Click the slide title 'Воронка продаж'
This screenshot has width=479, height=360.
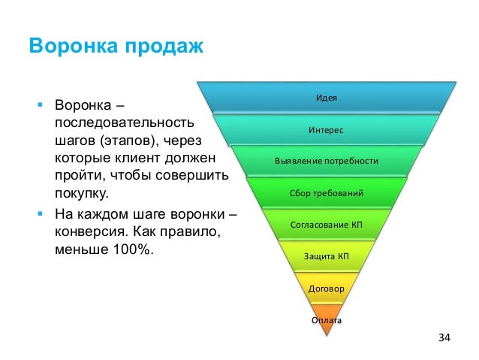[116, 47]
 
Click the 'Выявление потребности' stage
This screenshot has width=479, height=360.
[326, 162]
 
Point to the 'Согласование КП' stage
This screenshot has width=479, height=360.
[326, 225]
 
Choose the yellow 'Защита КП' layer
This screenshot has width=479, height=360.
[326, 256]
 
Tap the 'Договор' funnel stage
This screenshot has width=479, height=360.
[326, 288]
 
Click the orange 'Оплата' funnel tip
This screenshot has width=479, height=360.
[326, 319]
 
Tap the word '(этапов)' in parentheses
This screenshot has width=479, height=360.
[127, 141]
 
